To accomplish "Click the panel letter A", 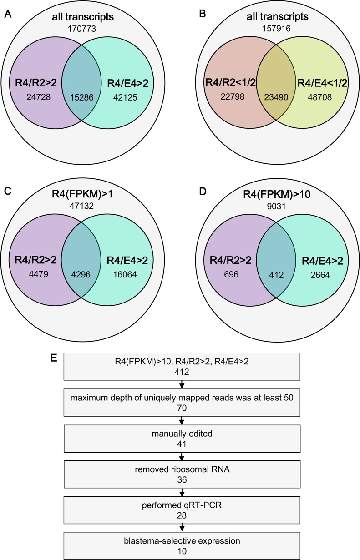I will tap(7, 13).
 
